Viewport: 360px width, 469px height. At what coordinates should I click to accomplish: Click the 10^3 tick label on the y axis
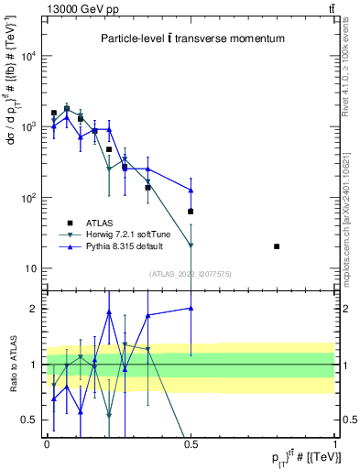point(28,126)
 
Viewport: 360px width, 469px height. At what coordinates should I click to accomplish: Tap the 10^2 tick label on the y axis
point(28,197)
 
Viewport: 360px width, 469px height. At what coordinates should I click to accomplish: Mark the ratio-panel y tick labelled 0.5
point(29,420)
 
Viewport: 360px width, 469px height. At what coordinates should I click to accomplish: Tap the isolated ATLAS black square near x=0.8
point(277,246)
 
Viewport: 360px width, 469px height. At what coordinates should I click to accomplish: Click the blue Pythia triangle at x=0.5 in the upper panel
point(191,191)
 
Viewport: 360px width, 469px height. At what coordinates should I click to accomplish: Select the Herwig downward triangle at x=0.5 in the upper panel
point(191,245)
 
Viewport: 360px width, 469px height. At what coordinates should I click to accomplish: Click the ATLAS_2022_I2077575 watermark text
point(191,273)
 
